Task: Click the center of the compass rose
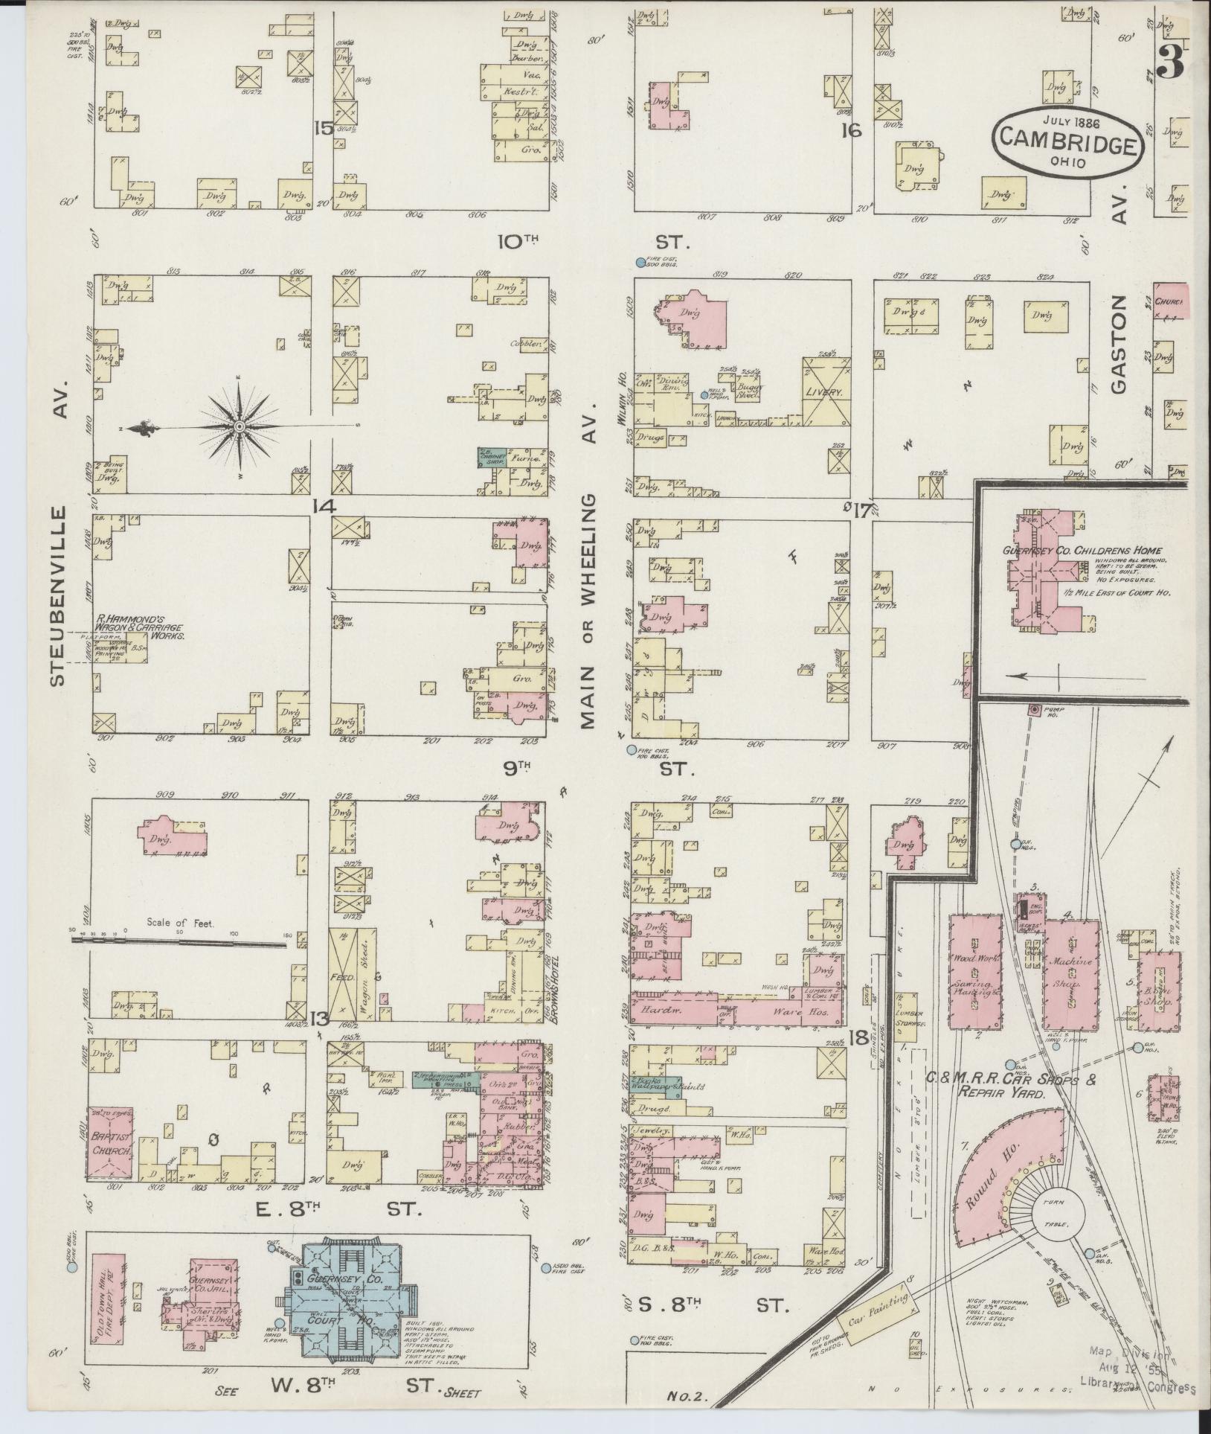[240, 426]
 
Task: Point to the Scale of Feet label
[180, 923]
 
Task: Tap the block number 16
[850, 132]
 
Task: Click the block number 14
[324, 506]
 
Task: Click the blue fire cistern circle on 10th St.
[640, 262]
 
